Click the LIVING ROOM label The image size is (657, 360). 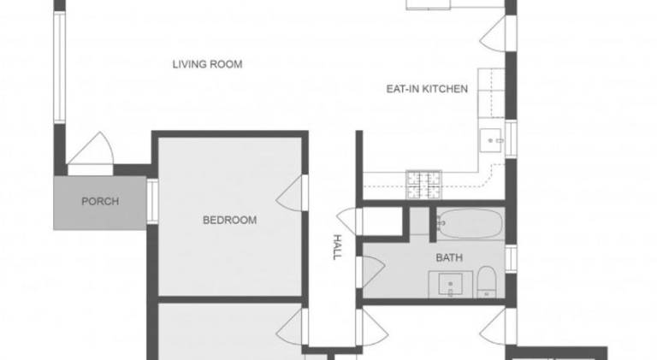pos(207,64)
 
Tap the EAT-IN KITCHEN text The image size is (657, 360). pos(427,89)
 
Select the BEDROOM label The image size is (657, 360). pos(229,220)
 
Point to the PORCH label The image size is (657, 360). pos(100,201)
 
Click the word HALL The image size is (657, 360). pos(337,247)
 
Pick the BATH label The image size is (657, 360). pos(449,257)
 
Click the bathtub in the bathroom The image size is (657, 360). pos(470,223)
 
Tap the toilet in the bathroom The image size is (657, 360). pos(487,281)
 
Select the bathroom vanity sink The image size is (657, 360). pos(451,284)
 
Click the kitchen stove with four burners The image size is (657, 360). pos(423,185)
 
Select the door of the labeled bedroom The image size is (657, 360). pos(289,192)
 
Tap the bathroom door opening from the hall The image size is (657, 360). pos(370,272)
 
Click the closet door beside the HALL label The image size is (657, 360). pos(347,221)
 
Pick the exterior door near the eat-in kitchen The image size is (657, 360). pos(493,34)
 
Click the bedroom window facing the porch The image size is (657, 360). pos(152,201)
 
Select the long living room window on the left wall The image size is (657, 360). pos(60,67)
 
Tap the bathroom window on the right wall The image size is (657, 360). pos(511,259)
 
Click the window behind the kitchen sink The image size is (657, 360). pos(511,139)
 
